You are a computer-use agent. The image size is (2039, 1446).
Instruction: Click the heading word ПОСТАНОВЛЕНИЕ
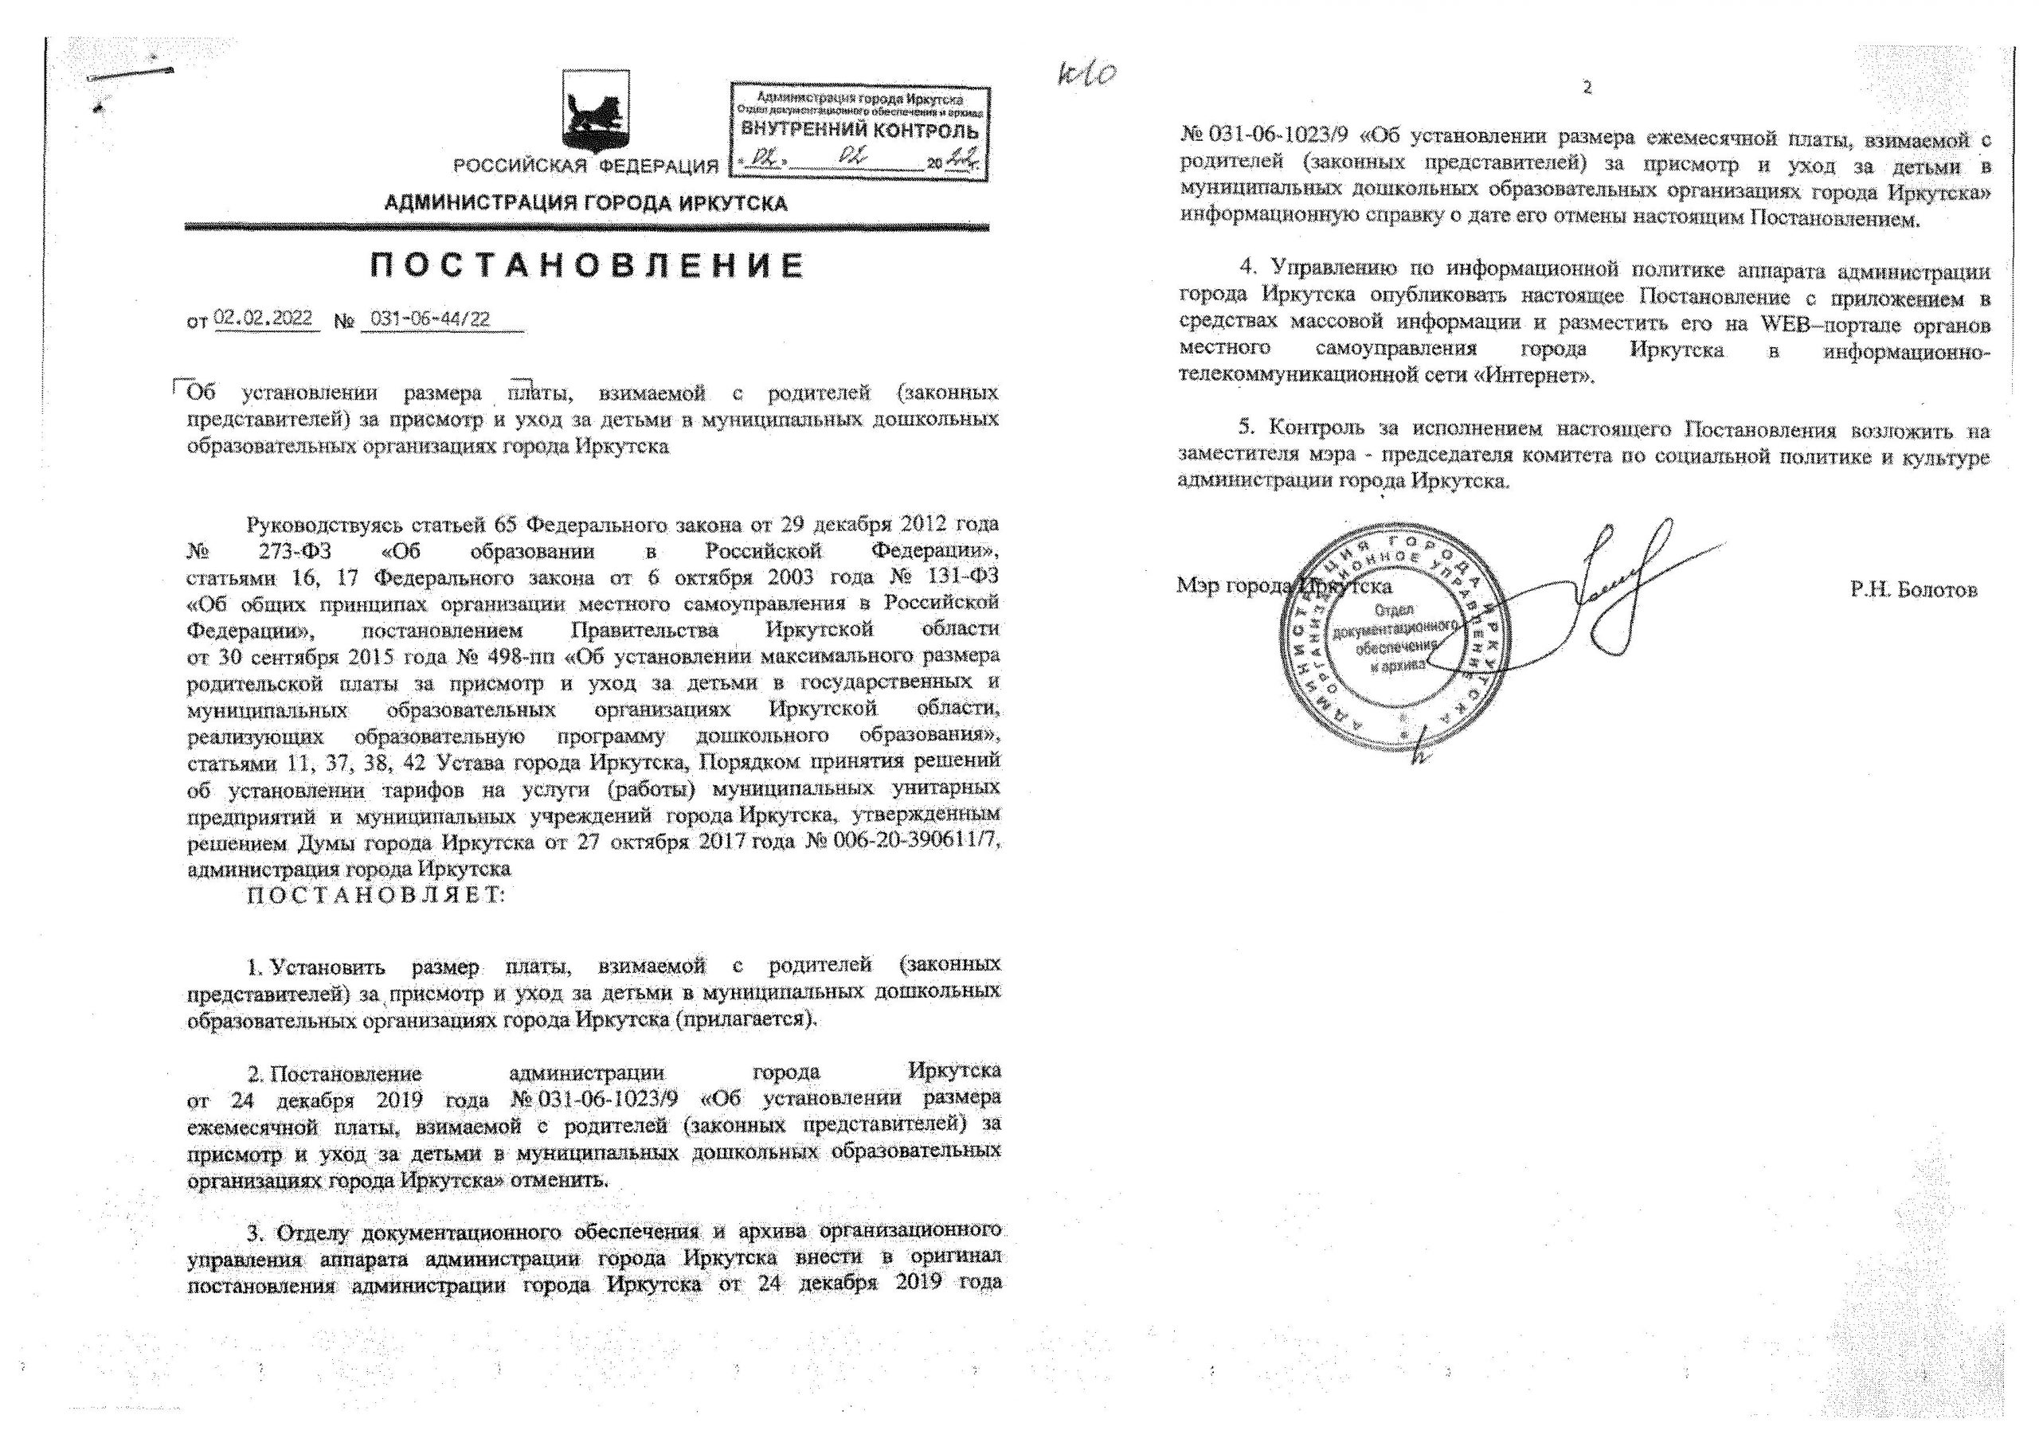(x=588, y=266)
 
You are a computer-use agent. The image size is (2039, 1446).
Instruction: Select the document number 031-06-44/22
(x=430, y=319)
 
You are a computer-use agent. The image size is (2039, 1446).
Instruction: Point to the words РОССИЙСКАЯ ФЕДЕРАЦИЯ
(x=586, y=166)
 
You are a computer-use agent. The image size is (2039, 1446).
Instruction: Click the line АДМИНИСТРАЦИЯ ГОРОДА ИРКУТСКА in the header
(x=586, y=204)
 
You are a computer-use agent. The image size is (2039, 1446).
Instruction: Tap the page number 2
(x=1587, y=88)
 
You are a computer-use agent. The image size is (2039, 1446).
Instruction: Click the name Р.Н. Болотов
(x=1912, y=589)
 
